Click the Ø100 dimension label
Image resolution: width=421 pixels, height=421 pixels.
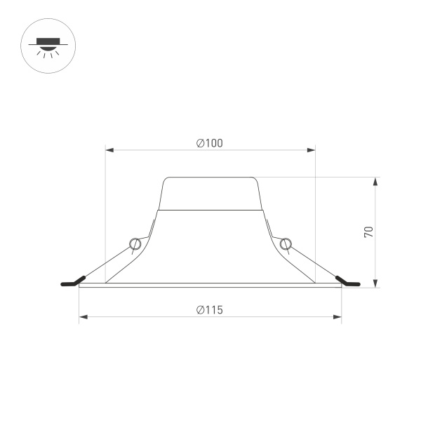(x=210, y=143)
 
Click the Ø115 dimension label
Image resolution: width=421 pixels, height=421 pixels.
(x=210, y=309)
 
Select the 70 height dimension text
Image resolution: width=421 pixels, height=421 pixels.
(x=368, y=232)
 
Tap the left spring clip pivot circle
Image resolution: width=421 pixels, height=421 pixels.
(x=135, y=243)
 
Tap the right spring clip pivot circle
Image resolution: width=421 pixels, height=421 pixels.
(x=285, y=243)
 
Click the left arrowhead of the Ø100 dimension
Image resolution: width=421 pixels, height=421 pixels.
(x=109, y=149)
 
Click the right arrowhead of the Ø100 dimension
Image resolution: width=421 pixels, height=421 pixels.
(x=312, y=149)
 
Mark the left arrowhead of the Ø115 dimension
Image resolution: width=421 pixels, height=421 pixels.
(x=83, y=317)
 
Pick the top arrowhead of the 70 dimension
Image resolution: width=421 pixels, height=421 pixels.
(x=376, y=181)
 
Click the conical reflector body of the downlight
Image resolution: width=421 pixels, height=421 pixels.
(x=210, y=246)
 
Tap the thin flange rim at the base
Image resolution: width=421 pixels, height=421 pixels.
(x=210, y=286)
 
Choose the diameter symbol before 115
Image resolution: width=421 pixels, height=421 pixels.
(x=200, y=309)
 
